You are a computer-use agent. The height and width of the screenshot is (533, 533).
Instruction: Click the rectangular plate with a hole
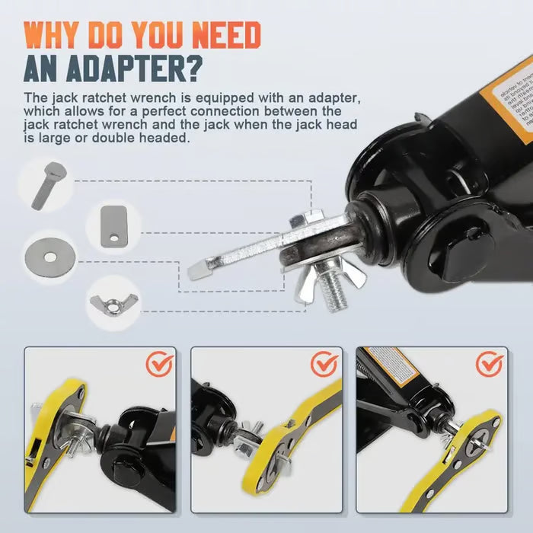115,225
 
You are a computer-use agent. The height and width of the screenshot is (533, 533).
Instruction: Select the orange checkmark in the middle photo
324,365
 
